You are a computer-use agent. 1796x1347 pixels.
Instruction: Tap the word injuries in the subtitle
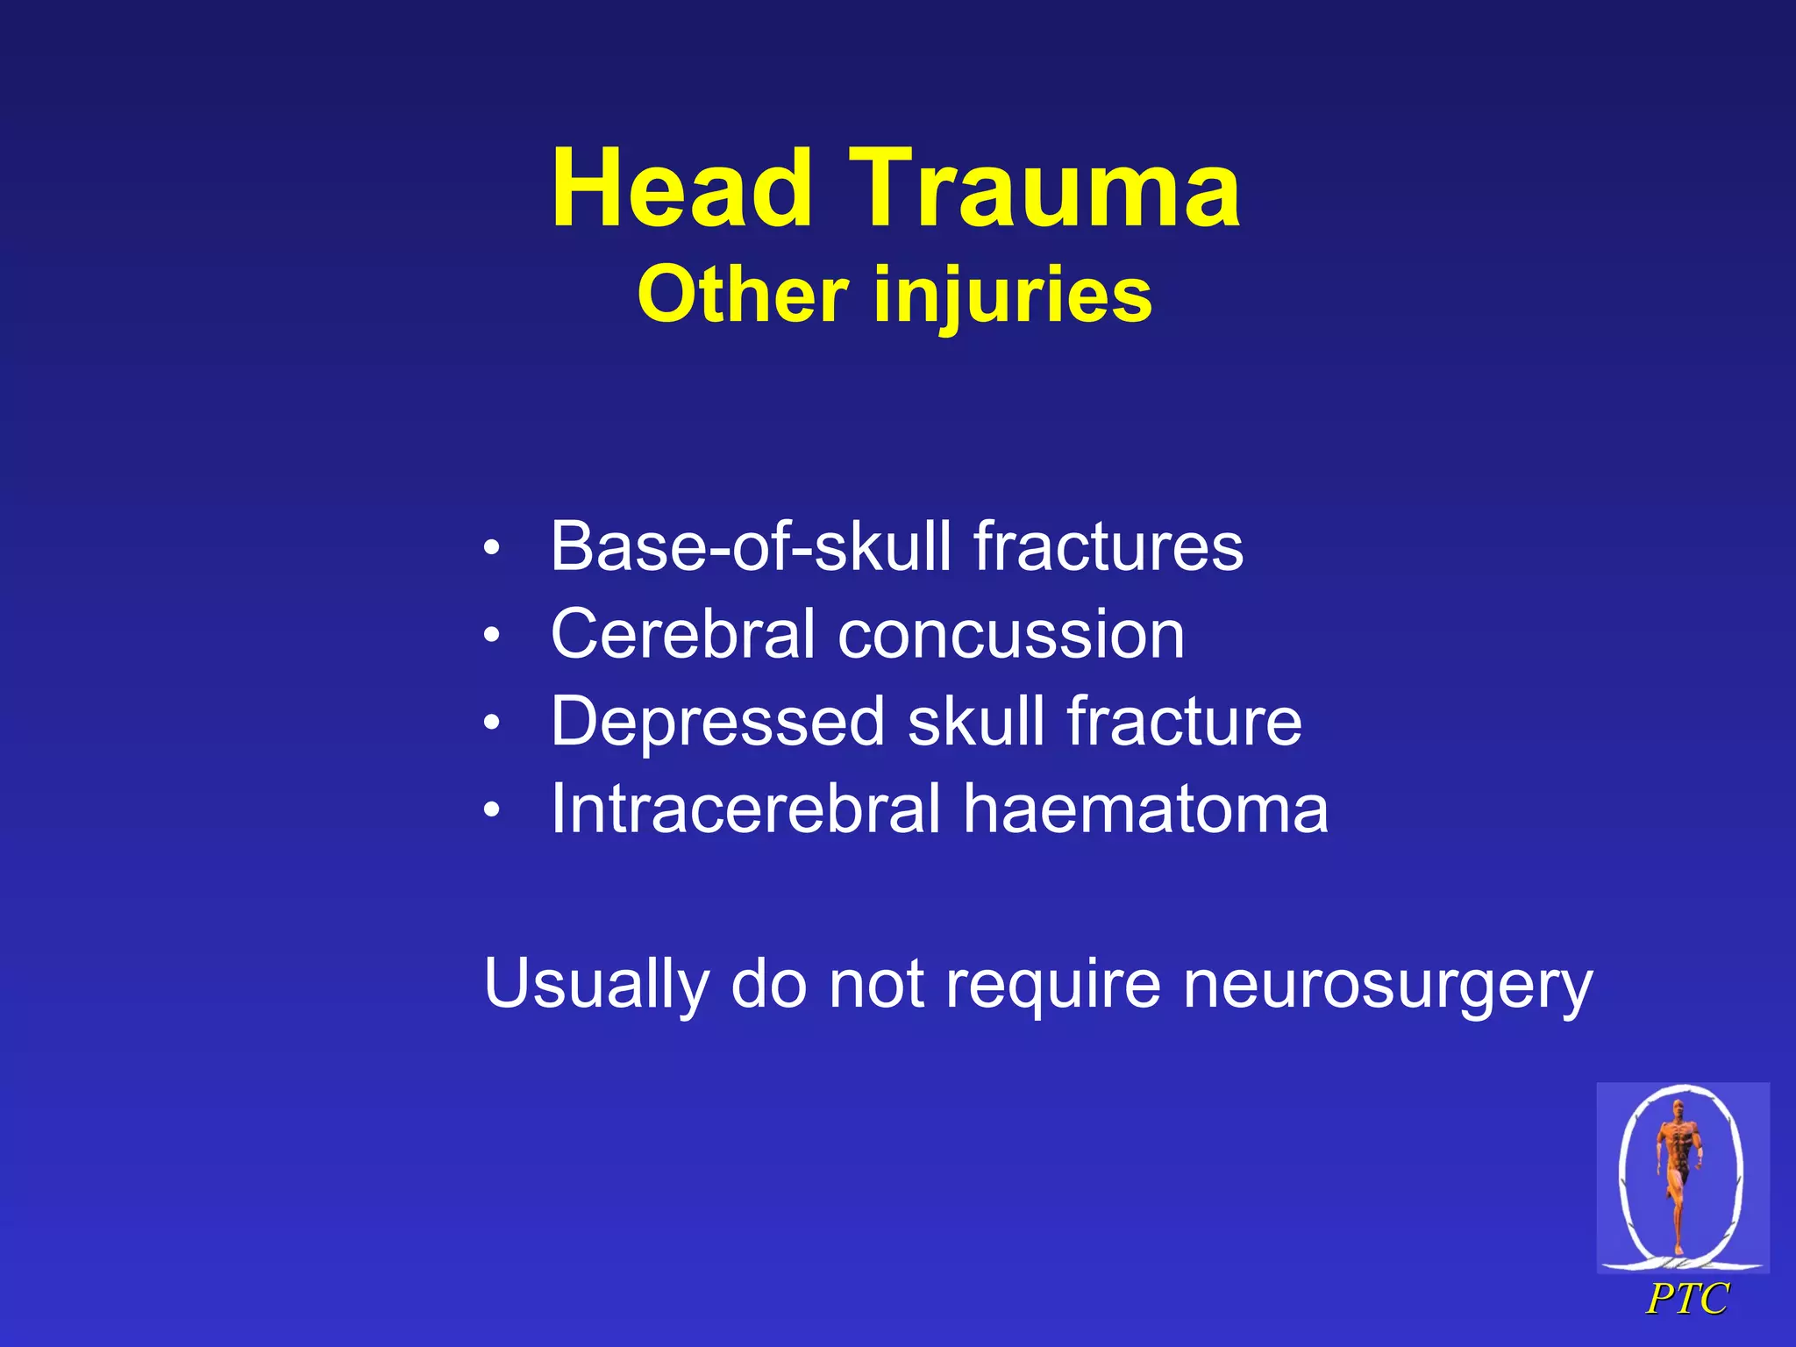point(1012,296)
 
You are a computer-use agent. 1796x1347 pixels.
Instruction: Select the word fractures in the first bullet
point(1108,546)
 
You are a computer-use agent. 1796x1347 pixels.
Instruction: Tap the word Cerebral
point(683,634)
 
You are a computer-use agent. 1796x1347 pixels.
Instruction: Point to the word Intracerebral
point(745,809)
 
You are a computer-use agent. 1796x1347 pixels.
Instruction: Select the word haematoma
point(1145,809)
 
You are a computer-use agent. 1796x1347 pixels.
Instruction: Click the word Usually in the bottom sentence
point(595,985)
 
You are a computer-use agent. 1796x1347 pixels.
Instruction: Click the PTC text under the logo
point(1686,1299)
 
